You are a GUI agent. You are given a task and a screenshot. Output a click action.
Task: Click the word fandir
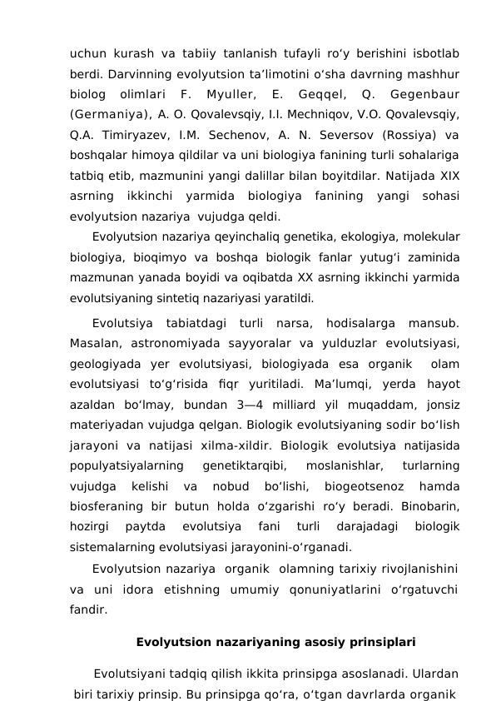[x=88, y=609]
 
